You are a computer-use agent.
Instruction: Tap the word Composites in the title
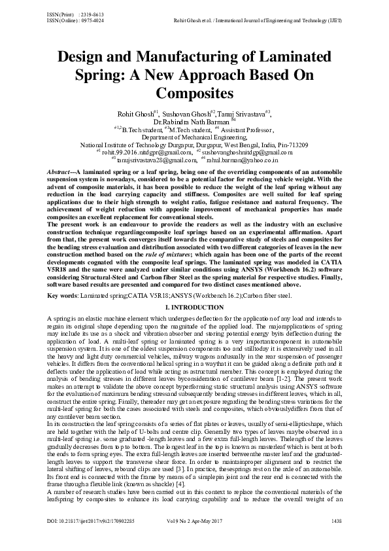[x=194, y=90]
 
